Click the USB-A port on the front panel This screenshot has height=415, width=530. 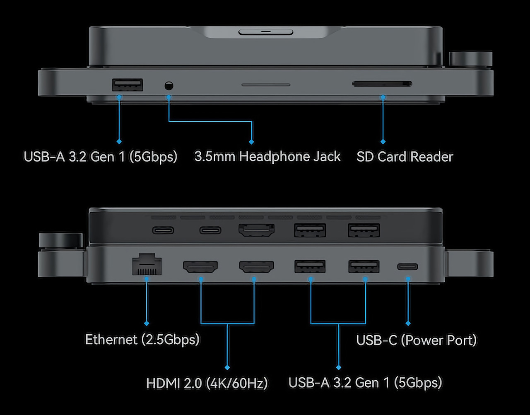[128, 85]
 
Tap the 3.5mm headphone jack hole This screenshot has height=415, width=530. [169, 86]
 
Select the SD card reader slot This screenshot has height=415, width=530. [382, 84]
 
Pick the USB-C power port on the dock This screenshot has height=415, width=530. [407, 266]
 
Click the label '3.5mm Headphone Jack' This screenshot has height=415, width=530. [267, 156]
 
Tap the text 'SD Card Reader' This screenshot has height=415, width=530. [405, 156]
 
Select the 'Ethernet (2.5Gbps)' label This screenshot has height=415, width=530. [142, 339]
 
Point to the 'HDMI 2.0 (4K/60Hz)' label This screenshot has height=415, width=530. [207, 383]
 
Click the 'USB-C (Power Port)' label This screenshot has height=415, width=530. [417, 340]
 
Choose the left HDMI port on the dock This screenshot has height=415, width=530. [200, 267]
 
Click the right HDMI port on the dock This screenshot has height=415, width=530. [256, 267]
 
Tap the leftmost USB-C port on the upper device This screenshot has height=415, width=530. [163, 230]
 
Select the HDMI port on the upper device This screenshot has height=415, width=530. [256, 230]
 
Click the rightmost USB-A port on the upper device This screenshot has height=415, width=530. [364, 230]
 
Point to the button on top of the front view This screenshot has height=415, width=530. [266, 32]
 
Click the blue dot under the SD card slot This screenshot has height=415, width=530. [383, 97]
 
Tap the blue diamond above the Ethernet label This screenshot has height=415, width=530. [146, 323]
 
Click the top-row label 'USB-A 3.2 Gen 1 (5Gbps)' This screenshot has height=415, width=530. [101, 156]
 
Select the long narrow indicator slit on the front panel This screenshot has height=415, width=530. [266, 84]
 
